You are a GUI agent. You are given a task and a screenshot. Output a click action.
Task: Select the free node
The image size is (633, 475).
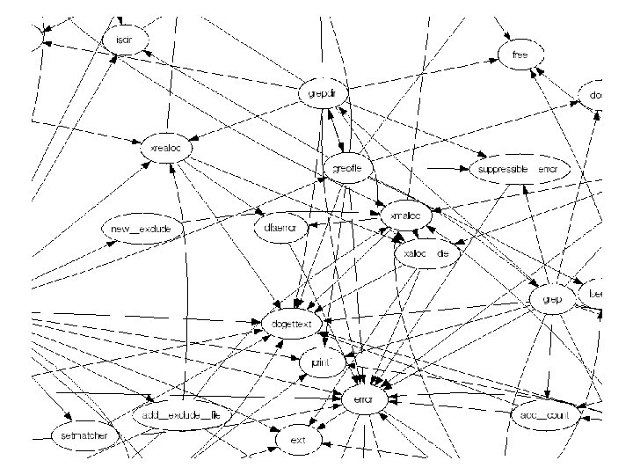[x=518, y=55]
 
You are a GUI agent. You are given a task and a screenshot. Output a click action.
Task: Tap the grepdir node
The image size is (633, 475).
[x=323, y=93]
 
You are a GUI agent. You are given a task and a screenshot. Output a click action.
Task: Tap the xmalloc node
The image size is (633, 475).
[x=404, y=216]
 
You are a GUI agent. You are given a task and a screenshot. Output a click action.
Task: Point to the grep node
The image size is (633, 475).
[x=553, y=299]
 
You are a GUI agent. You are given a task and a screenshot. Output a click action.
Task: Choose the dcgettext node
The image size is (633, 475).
[x=294, y=324]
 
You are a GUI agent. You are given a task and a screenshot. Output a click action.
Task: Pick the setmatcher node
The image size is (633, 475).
[x=77, y=435]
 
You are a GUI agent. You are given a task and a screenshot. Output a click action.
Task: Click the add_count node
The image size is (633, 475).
[x=547, y=415]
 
